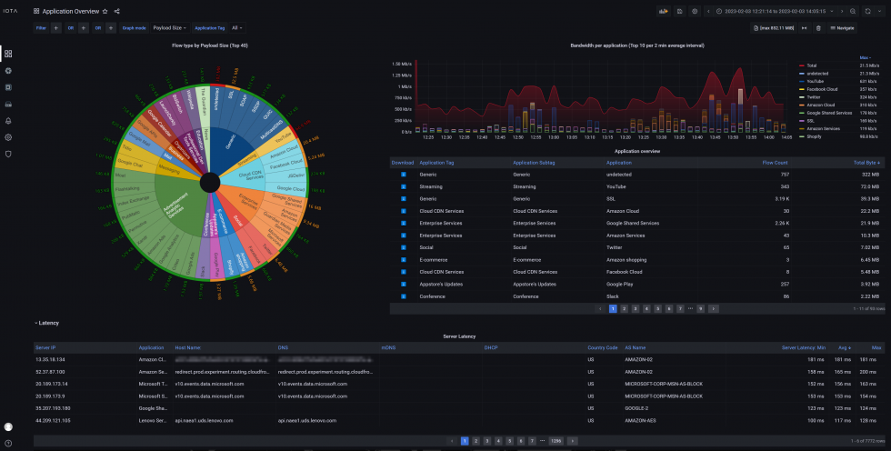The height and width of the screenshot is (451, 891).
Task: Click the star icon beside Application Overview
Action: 105,11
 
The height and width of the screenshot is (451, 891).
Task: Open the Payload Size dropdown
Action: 170,28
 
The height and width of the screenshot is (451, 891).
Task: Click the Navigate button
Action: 841,28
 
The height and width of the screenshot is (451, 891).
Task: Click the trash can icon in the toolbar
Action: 819,28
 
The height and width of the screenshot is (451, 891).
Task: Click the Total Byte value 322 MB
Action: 871,174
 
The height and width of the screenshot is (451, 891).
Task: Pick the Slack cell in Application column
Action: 613,296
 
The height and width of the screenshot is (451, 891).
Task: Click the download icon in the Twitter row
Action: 403,247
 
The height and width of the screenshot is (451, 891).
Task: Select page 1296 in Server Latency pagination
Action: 556,440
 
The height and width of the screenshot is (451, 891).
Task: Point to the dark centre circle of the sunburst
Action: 208,182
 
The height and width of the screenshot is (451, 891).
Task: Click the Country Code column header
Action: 603,347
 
